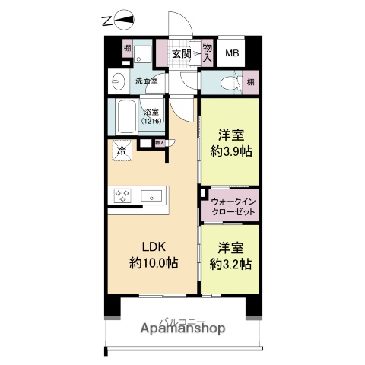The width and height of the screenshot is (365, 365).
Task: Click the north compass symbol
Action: tap(122, 21)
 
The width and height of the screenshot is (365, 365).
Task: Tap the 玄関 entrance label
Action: tap(181, 53)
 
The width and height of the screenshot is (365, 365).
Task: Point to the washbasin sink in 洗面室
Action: tap(117, 81)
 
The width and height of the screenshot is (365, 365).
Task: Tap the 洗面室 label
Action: tap(146, 81)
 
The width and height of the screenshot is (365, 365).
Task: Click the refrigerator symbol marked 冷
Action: tap(121, 150)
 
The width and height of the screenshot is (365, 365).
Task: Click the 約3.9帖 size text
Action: tap(231, 151)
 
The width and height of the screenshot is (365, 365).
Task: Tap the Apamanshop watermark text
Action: tap(182, 330)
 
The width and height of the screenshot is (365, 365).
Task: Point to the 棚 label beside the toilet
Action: tap(250, 81)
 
